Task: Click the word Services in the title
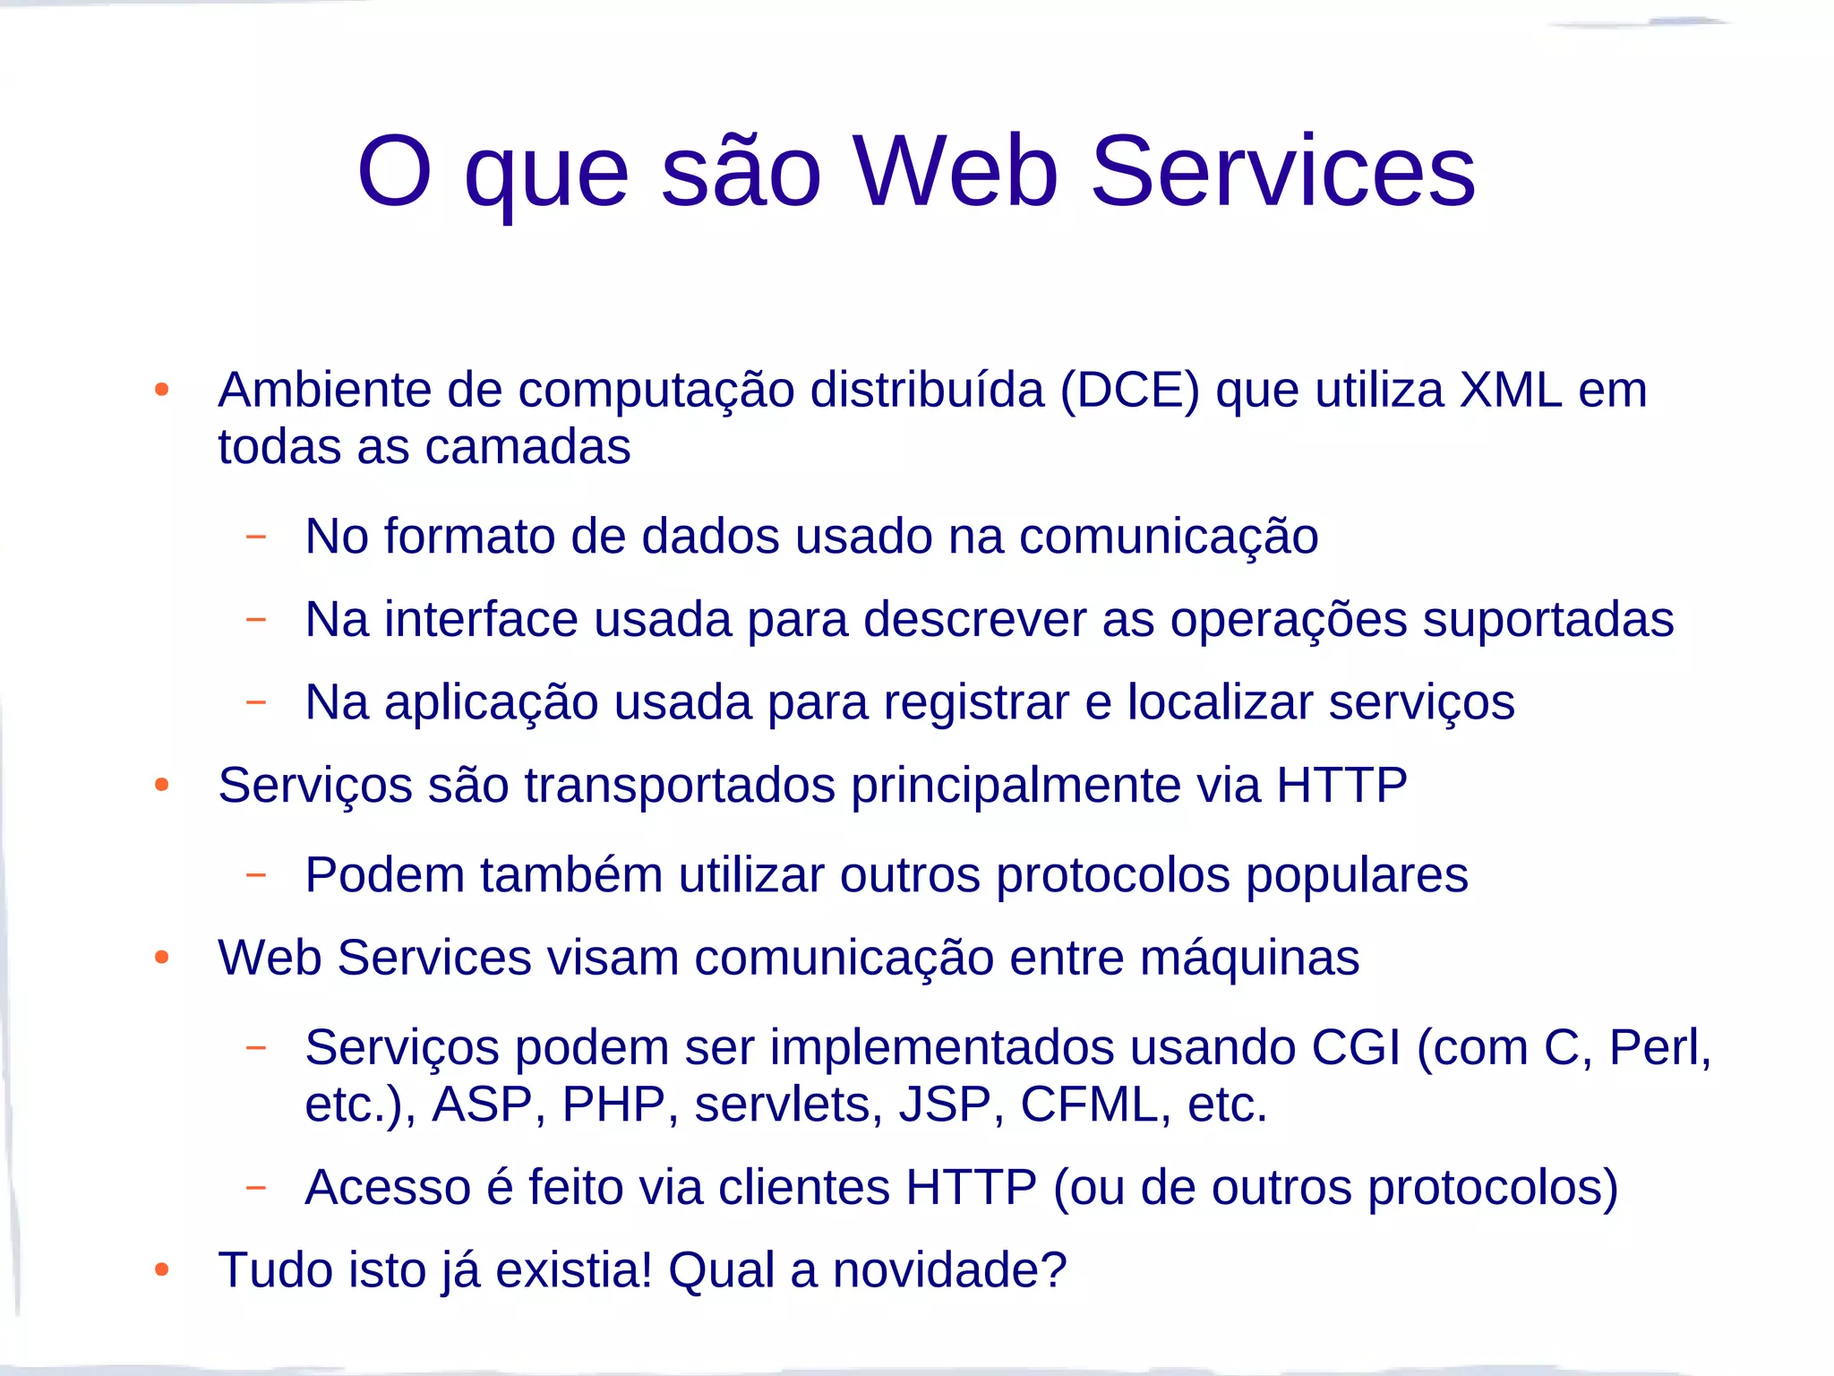coord(1282,171)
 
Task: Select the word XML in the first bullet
coord(1511,390)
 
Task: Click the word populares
coord(1357,875)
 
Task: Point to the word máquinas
coord(1249,958)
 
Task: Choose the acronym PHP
coord(613,1104)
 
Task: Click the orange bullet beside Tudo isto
coord(162,1269)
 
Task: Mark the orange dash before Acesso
coord(256,1188)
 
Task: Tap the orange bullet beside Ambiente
coord(162,390)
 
